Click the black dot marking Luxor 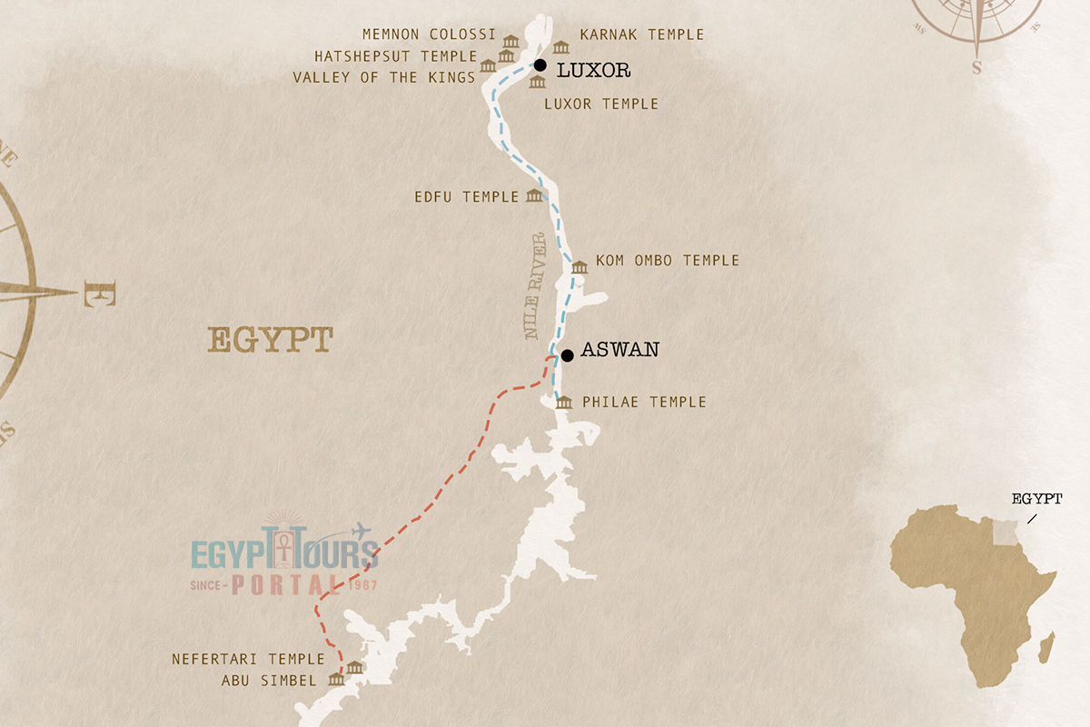540,65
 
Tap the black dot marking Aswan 567,355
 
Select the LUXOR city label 593,70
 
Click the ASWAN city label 619,350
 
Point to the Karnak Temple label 641,35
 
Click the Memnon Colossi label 429,35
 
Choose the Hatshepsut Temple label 401,56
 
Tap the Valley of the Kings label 383,78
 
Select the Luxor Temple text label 600,105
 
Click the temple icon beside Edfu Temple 534,196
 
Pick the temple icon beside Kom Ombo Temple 580,266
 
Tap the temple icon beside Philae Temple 564,403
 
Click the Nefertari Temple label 248,659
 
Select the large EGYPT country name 271,341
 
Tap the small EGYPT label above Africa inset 1036,499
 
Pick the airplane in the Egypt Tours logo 361,529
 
